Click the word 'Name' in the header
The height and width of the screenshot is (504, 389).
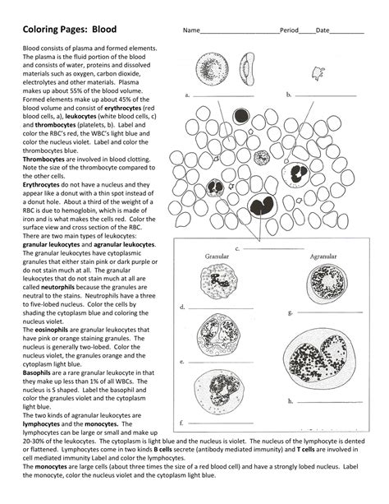(x=190, y=30)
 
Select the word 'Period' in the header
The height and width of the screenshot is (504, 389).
(x=289, y=30)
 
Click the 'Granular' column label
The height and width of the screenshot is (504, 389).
(x=217, y=257)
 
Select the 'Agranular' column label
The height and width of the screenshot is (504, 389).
(x=323, y=257)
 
